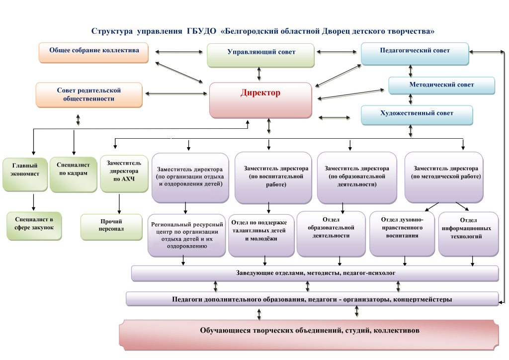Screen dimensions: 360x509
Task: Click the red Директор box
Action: coord(260,99)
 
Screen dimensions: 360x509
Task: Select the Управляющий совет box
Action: coord(261,55)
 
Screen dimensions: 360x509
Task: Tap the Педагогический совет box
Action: coord(415,53)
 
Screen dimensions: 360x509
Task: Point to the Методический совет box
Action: coord(441,85)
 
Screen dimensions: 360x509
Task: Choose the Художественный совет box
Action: coord(417,114)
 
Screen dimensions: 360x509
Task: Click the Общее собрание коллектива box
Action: coord(94,52)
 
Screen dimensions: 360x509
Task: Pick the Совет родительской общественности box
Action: coord(89,94)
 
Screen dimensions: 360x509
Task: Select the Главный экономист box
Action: coord(24,174)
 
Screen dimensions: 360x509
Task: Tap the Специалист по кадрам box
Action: coord(73,174)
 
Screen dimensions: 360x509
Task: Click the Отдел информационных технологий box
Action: coord(468,233)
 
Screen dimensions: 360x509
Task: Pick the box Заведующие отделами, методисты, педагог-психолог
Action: coord(315,273)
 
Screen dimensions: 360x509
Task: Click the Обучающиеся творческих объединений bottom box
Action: coord(309,331)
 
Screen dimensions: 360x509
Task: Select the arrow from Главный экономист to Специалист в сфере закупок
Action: coord(34,201)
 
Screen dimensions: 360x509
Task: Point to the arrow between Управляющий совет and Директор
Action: coord(259,74)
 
